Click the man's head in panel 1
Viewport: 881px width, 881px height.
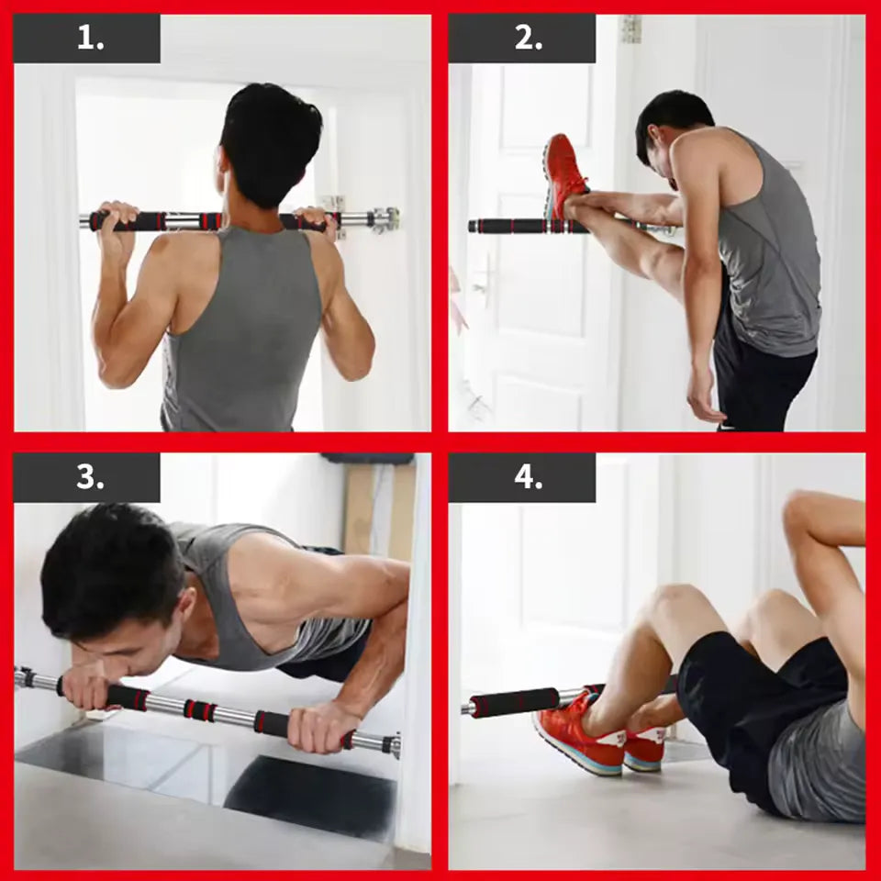coord(270,143)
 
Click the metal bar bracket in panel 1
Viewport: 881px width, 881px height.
coord(385,219)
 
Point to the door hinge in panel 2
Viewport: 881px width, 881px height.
coord(631,28)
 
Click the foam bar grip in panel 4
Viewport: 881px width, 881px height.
coord(515,702)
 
